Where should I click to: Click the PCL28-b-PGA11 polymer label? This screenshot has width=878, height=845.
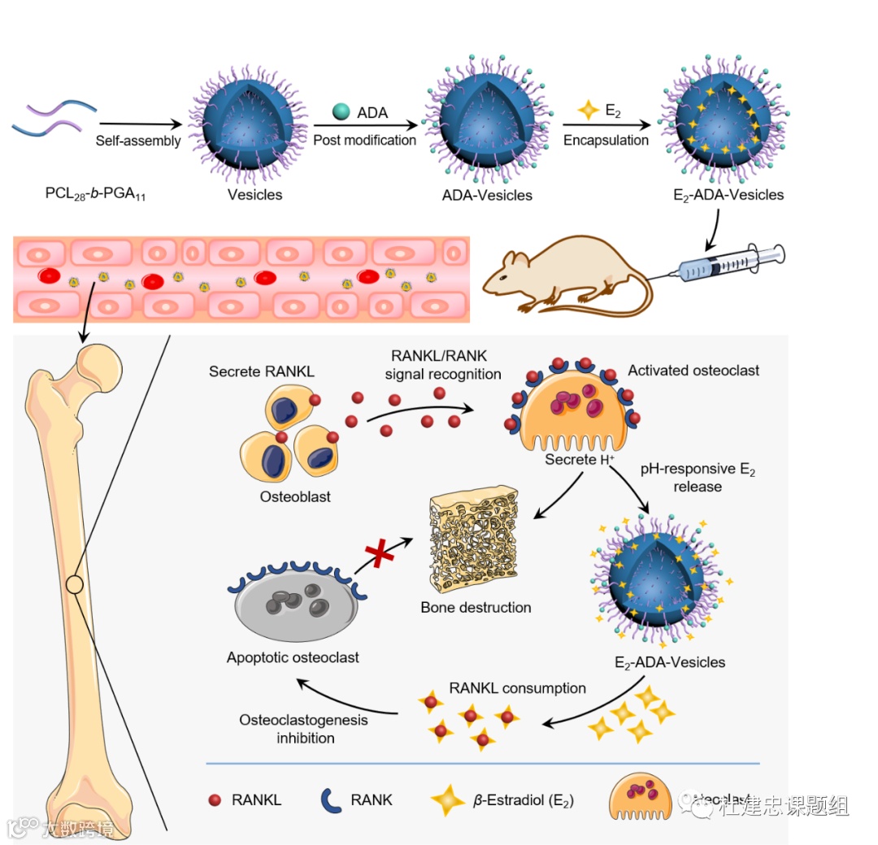pos(96,195)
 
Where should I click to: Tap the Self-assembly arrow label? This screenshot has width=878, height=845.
pos(138,140)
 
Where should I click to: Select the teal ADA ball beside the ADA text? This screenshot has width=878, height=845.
pos(341,111)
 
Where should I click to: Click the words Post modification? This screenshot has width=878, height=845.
pos(365,140)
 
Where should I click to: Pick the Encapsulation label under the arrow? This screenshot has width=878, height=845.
pos(606,140)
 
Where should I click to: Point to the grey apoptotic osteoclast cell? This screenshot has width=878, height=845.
pos(296,605)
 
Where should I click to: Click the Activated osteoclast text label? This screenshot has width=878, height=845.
pos(693,370)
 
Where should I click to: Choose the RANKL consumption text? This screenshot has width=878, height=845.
pos(517,688)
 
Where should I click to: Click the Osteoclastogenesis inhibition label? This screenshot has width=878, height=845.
pos(304,729)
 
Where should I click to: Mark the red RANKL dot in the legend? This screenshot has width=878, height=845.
pos(215,800)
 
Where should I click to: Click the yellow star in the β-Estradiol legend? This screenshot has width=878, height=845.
pos(448,800)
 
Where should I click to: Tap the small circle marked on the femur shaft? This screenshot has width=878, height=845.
pos(75,584)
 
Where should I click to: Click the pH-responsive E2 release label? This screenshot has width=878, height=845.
pos(698,478)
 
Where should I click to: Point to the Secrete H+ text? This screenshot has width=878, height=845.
pos(579,460)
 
